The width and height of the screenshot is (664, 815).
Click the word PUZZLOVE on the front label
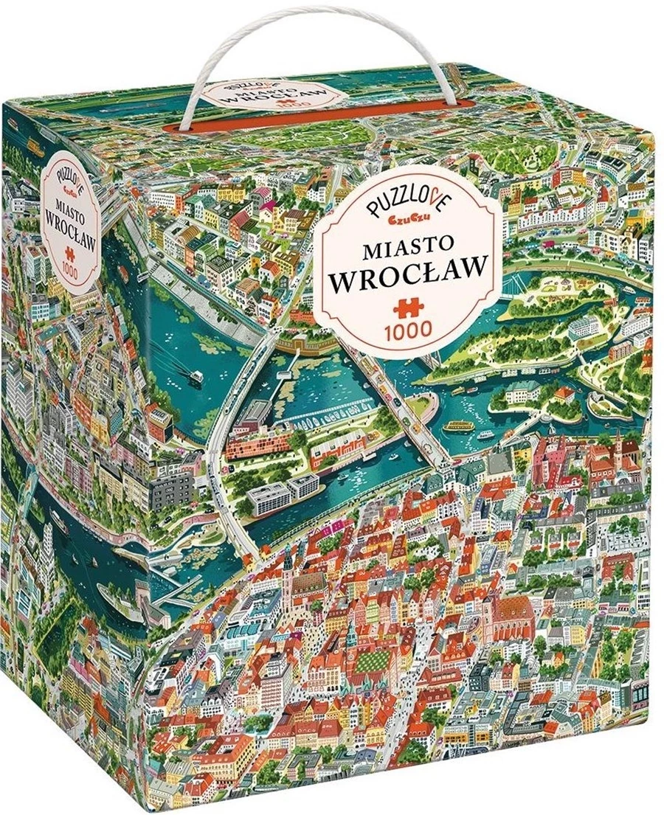[x=398, y=197]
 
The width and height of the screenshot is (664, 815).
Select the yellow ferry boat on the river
[x=459, y=426]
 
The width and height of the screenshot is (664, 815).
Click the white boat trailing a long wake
[x=196, y=376]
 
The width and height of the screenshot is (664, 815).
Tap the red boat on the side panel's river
[x=59, y=528]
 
